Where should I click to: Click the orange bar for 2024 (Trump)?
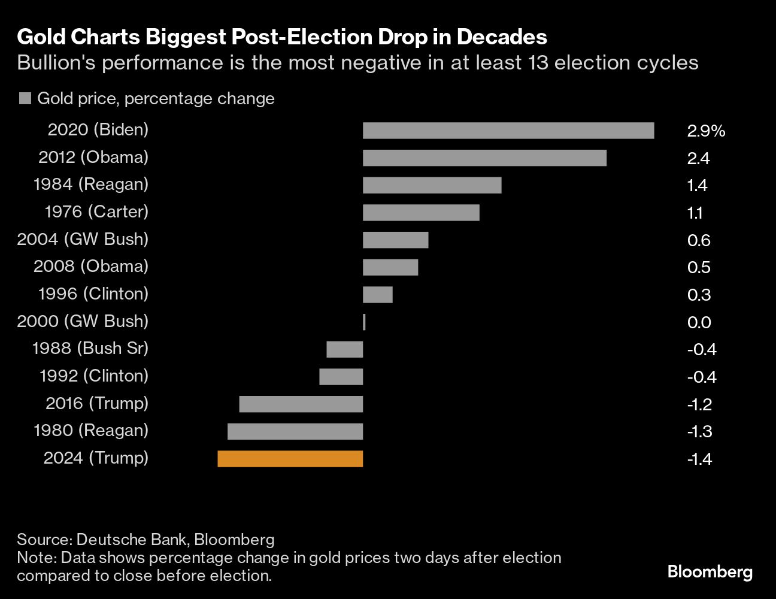pos(290,459)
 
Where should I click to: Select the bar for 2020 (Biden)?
pos(508,131)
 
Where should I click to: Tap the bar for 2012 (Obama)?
pos(484,158)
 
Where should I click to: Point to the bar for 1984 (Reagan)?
pos(432,186)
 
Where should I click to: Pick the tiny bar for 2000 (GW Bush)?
pos(364,322)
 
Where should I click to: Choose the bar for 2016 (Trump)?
pos(301,404)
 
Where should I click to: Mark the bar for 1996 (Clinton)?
pos(378,295)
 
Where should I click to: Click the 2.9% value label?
pos(706,131)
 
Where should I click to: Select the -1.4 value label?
pos(699,459)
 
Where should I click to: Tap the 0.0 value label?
pos(699,323)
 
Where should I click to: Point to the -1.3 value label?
pos(699,432)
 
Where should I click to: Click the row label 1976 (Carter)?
pos(96,211)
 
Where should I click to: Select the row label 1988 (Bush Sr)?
pos(90,348)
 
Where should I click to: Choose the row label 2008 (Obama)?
pos(90,266)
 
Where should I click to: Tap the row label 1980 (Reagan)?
pos(90,430)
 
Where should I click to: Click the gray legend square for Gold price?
pos(25,99)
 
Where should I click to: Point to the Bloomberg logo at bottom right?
pos(710,572)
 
